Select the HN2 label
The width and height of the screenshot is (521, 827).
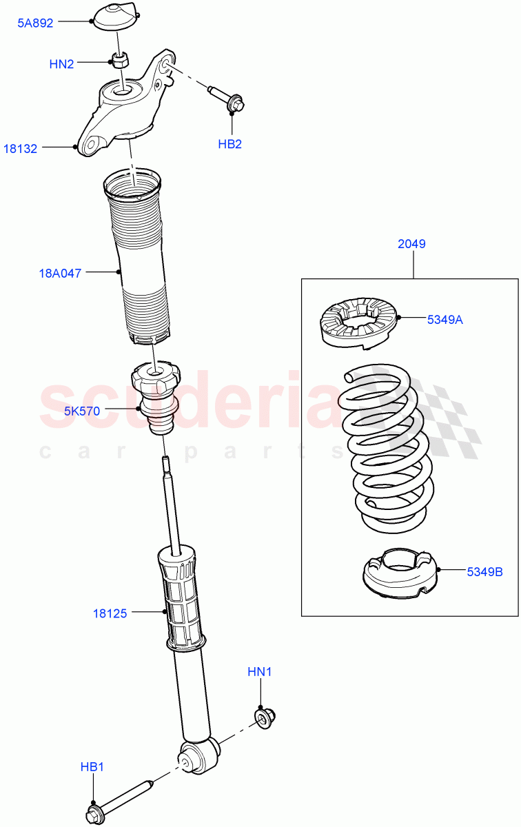point(61,64)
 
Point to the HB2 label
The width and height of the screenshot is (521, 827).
point(230,144)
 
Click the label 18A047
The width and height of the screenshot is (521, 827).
point(60,273)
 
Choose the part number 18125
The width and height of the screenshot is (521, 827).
point(110,612)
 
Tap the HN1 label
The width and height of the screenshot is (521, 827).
point(260,671)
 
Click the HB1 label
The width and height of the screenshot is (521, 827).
point(92,767)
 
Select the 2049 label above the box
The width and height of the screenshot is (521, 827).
point(412,244)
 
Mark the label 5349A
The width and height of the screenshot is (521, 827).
point(445,319)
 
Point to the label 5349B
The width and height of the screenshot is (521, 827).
point(485,571)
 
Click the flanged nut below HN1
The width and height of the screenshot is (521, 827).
point(264,718)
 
